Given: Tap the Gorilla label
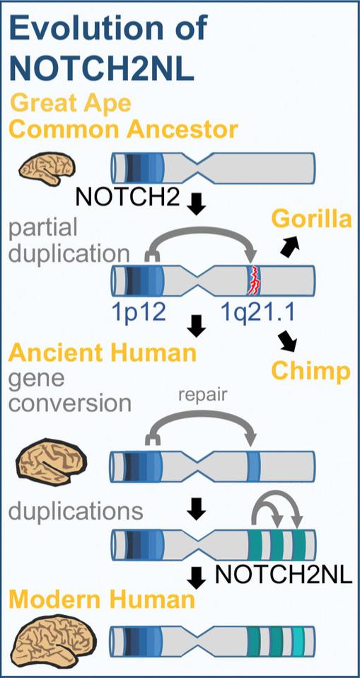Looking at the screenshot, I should click(x=311, y=220).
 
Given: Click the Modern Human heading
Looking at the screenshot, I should click(x=103, y=600).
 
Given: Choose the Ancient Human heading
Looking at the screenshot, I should click(x=103, y=352).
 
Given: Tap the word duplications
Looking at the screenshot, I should click(x=77, y=511).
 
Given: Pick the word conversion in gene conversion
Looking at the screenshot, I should click(x=70, y=403).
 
